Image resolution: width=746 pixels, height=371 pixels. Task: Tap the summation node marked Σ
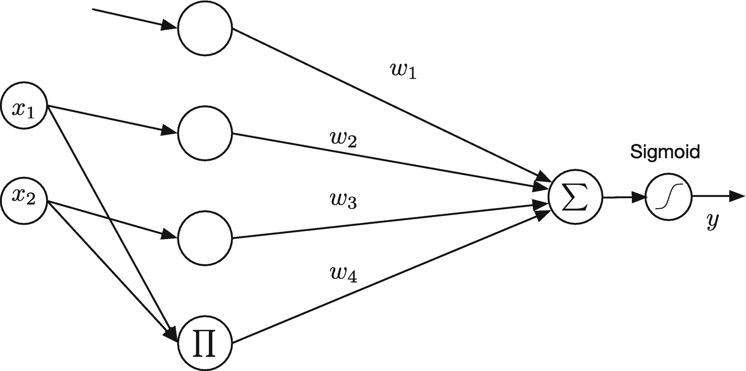575,198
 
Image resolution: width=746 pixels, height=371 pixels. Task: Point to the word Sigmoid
664,152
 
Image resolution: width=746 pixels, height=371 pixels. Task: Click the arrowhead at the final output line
737,197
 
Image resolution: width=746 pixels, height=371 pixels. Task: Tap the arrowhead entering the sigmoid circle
639,198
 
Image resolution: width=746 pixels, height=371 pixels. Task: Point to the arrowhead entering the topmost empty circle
171,25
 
